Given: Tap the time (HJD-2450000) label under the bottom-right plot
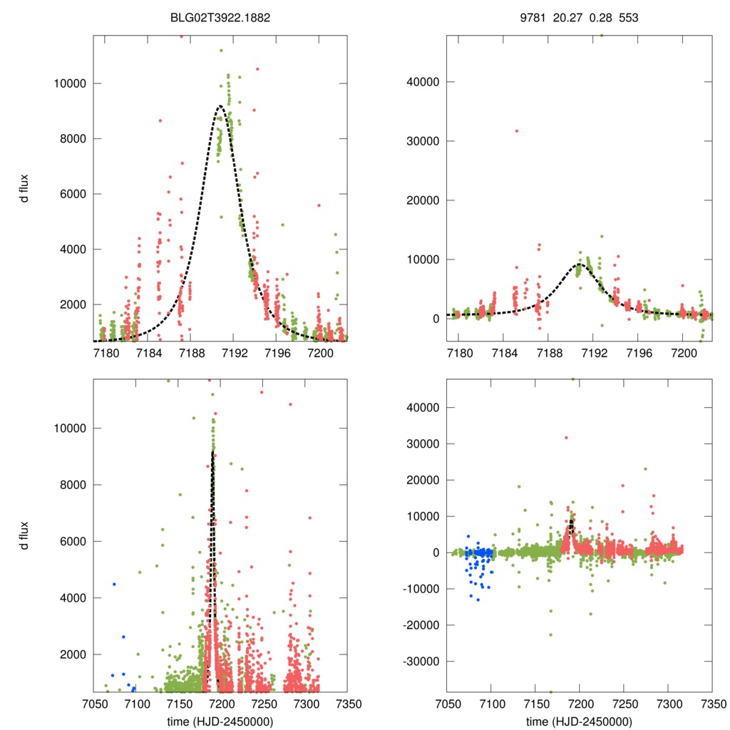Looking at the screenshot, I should pos(580,721).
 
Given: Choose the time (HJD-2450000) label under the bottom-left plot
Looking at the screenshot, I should pos(221,721).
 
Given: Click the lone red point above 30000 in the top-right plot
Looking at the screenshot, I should pos(516,130).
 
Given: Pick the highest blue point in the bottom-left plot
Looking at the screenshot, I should pos(114,585).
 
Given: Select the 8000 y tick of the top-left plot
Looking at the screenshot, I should pos(71,138).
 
